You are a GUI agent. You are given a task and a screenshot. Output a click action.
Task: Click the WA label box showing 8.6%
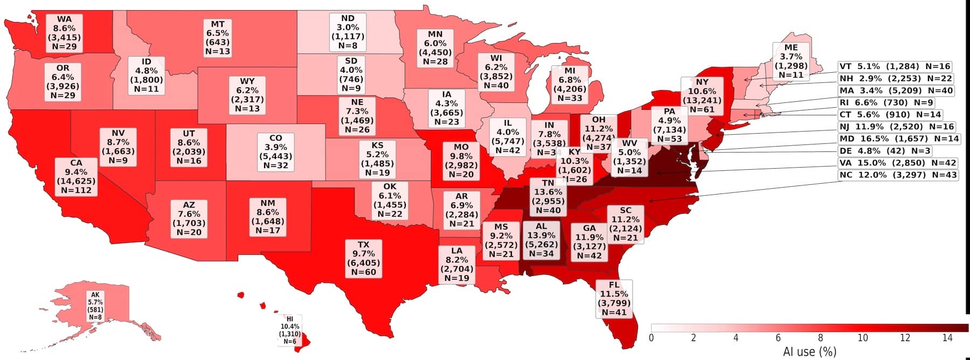pyautogui.click(x=64, y=33)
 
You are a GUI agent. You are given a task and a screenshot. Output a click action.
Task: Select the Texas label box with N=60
pyautogui.click(x=363, y=259)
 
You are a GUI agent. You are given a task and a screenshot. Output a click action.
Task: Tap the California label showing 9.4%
pyautogui.click(x=76, y=176)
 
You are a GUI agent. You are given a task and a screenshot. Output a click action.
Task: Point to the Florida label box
pyautogui.click(x=614, y=299)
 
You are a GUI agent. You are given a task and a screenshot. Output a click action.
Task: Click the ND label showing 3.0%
pyautogui.click(x=348, y=32)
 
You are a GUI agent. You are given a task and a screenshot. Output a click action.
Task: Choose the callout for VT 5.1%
pyautogui.click(x=895, y=66)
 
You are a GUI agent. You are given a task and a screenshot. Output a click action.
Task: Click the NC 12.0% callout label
pyautogui.click(x=898, y=175)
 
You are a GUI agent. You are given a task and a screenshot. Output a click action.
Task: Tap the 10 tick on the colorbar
pyautogui.click(x=862, y=338)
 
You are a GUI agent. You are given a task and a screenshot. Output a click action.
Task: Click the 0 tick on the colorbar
pyautogui.click(x=652, y=338)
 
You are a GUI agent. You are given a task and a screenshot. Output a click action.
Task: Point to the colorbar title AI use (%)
pyautogui.click(x=809, y=351)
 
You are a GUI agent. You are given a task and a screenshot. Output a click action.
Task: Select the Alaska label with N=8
pyautogui.click(x=95, y=306)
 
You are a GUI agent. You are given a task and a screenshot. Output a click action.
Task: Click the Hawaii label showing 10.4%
pyautogui.click(x=289, y=330)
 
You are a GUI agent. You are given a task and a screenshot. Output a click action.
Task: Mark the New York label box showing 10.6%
pyautogui.click(x=702, y=96)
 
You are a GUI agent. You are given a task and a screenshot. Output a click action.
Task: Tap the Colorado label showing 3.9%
pyautogui.click(x=275, y=151)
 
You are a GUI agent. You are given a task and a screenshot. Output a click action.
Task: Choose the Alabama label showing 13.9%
pyautogui.click(x=541, y=240)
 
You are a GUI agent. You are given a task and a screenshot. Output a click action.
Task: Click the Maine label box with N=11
pyautogui.click(x=791, y=61)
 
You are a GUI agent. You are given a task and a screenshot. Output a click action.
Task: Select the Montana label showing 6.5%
pyautogui.click(x=217, y=38)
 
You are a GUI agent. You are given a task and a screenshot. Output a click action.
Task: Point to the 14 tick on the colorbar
pyautogui.click(x=947, y=338)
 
